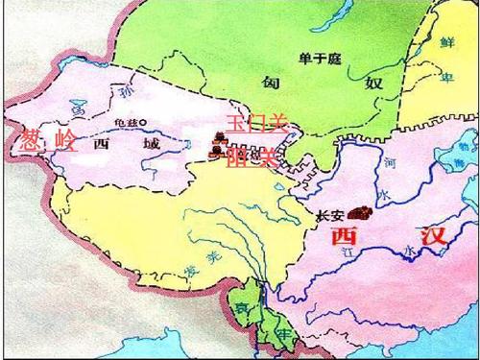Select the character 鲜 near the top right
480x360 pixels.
pos(445,42)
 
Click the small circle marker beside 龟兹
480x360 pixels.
pos(142,123)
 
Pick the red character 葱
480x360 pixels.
pos(30,141)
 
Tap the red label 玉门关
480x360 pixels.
pos(255,122)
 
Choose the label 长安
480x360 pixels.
pos(329,215)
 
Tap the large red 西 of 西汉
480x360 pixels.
pos(344,237)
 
